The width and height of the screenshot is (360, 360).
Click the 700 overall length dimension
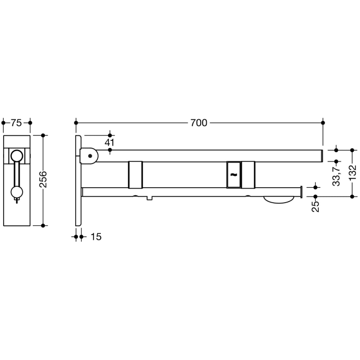click(199, 123)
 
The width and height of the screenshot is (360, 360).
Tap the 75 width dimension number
click(16, 122)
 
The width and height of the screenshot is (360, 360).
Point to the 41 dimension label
click(110, 142)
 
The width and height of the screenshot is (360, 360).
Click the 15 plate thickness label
click(96, 237)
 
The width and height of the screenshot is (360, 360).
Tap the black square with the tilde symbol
click(233, 174)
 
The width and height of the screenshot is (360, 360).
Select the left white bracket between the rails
click(135, 174)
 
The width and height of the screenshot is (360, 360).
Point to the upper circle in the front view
click(17, 155)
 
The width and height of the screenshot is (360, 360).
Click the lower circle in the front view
click(17, 193)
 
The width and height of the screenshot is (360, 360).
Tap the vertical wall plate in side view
click(78, 180)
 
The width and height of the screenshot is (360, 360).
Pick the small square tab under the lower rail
click(149, 198)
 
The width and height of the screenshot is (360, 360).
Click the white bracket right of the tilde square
click(248, 174)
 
